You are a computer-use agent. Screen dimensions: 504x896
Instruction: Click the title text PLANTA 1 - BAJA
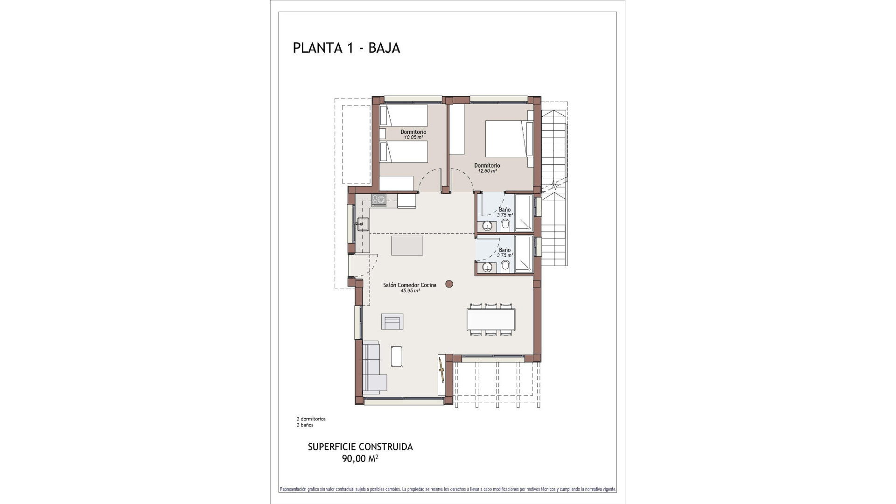346,48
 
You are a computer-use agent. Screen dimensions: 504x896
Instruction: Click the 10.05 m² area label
413,138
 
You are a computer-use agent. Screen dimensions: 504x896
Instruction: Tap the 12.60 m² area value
487,171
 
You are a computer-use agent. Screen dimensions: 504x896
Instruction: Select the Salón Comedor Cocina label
410,285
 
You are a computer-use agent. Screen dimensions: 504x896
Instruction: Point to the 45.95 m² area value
410,290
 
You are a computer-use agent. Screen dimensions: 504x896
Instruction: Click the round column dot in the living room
449,283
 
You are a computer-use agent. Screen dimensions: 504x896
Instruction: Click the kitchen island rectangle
407,245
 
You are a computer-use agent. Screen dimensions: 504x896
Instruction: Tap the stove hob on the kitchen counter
378,200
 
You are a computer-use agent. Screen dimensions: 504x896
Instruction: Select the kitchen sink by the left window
363,224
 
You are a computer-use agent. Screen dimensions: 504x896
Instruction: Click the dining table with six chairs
492,320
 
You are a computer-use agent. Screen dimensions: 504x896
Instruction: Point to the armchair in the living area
392,322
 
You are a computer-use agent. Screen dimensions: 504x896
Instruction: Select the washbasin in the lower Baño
487,267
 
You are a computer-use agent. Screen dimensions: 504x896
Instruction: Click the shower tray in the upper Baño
524,213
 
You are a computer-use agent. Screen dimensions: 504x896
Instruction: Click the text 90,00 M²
360,459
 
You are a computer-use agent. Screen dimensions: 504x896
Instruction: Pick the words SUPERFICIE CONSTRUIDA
360,447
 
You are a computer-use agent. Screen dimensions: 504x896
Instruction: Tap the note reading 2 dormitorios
311,419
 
